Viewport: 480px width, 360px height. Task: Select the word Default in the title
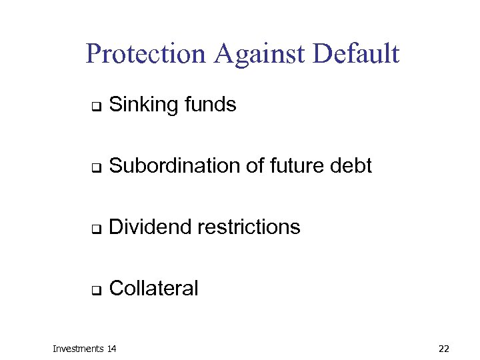(x=358, y=53)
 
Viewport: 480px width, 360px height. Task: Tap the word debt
(x=351, y=166)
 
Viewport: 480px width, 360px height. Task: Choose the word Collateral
(x=153, y=289)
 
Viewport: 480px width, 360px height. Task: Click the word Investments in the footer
(x=78, y=349)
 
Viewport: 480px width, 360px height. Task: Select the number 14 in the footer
(x=111, y=349)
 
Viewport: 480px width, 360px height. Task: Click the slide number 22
(x=445, y=349)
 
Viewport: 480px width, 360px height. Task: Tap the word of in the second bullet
(x=255, y=166)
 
